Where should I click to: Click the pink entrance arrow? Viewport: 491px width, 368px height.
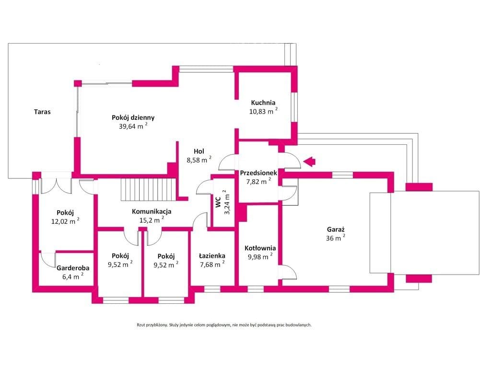309,161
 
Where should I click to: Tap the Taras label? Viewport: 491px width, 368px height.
42,112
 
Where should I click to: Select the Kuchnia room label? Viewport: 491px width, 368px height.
263,103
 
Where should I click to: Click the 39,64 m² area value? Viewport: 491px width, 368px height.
133,126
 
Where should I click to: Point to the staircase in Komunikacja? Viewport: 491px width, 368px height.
148,189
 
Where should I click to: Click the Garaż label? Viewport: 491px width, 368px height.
336,230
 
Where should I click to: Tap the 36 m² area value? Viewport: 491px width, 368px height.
336,238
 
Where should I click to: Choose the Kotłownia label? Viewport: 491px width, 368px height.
260,248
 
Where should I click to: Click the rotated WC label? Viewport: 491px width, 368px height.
218,202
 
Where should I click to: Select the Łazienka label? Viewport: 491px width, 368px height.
212,256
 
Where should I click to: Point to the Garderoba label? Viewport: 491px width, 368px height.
73,268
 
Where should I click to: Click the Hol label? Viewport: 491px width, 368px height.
199,151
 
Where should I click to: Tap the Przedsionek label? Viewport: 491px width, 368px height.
258,172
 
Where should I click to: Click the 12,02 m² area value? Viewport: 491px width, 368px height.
65,221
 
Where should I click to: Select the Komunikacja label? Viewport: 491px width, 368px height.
152,211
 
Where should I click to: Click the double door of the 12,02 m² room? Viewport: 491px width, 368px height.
57,185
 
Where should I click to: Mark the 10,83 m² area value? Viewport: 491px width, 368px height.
263,111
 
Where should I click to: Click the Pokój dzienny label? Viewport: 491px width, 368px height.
133,118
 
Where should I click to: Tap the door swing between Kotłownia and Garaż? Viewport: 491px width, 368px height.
288,272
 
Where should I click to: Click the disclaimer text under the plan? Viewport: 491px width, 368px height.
224,325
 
